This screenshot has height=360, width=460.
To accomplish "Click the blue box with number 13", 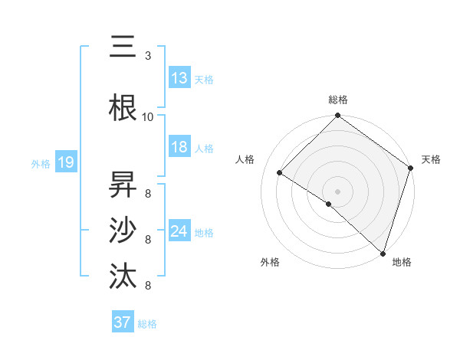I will click(x=179, y=78).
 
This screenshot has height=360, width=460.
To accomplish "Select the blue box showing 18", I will click(x=179, y=147).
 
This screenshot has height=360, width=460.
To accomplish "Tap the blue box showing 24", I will click(x=179, y=231).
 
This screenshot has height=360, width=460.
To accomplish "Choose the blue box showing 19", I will click(x=65, y=162).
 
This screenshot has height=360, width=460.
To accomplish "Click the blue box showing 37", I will click(x=123, y=322).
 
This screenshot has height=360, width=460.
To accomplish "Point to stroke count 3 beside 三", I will click(x=148, y=56).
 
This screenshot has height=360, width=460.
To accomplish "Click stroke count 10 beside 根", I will click(x=148, y=116).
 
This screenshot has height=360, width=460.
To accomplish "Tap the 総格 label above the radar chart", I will click(x=338, y=100).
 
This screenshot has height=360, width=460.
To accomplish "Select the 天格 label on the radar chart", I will click(x=431, y=159).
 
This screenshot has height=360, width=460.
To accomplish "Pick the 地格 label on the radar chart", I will click(x=402, y=262).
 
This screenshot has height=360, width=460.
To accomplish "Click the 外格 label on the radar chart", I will click(x=270, y=262).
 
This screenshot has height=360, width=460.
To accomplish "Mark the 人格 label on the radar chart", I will click(x=245, y=159).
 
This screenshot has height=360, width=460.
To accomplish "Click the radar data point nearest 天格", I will click(x=411, y=168).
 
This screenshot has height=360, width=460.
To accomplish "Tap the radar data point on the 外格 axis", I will click(x=329, y=204).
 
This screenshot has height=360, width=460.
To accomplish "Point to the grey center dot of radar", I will click(x=338, y=191).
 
